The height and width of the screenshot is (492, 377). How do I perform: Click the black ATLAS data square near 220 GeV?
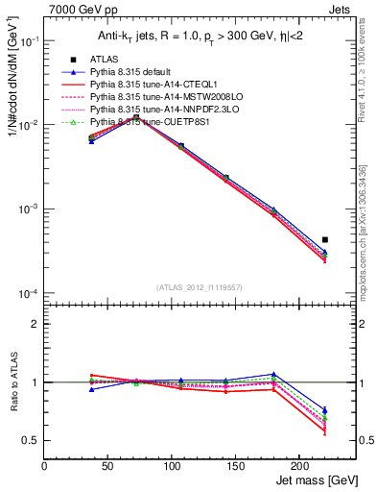[x=325, y=239]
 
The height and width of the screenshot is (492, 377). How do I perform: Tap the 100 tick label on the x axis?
[x=173, y=464]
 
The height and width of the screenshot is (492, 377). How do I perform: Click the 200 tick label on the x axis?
[x=300, y=464]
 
